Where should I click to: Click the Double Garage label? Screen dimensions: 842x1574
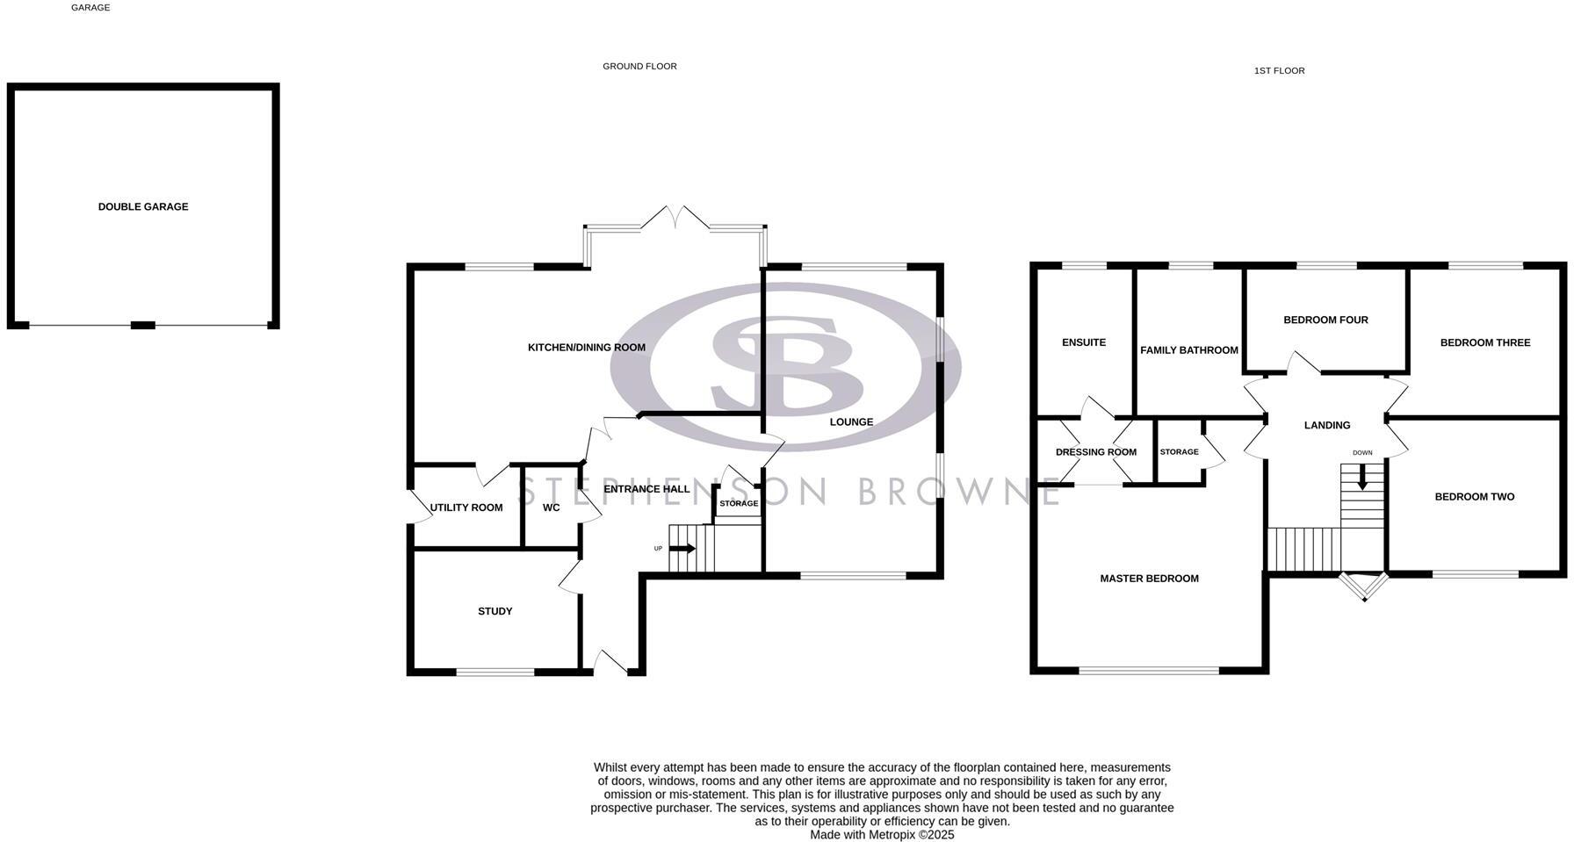pyautogui.click(x=143, y=207)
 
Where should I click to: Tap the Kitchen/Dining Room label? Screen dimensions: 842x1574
pyautogui.click(x=586, y=348)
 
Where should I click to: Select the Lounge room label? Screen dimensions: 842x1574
pyautogui.click(x=851, y=422)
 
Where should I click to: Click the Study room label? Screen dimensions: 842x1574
pyautogui.click(x=495, y=611)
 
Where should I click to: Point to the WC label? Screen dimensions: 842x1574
pyautogui.click(x=551, y=507)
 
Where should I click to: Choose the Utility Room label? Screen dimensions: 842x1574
pyautogui.click(x=466, y=507)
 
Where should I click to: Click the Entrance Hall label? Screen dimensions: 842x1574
pyautogui.click(x=646, y=489)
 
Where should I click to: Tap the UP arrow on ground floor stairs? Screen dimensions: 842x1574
pyautogui.click(x=685, y=549)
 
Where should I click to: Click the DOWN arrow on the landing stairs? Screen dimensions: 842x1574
pyautogui.click(x=1362, y=479)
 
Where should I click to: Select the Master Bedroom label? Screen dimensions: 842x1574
pyautogui.click(x=1149, y=579)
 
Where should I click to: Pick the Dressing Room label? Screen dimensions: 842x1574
pyautogui.click(x=1095, y=452)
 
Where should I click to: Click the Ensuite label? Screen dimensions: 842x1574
pyautogui.click(x=1083, y=342)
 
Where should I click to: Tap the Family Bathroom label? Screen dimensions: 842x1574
pyautogui.click(x=1188, y=350)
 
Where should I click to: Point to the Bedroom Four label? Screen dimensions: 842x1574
pyautogui.click(x=1325, y=320)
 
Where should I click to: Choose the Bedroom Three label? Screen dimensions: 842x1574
pyautogui.click(x=1484, y=342)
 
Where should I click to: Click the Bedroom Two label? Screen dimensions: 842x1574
pyautogui.click(x=1474, y=497)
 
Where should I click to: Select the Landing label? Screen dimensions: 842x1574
pyautogui.click(x=1326, y=426)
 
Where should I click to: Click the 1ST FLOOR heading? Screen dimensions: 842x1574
pyautogui.click(x=1279, y=71)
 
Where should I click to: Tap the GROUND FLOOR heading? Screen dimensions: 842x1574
pyautogui.click(x=639, y=67)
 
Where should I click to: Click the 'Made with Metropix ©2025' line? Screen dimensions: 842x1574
pyautogui.click(x=881, y=835)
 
